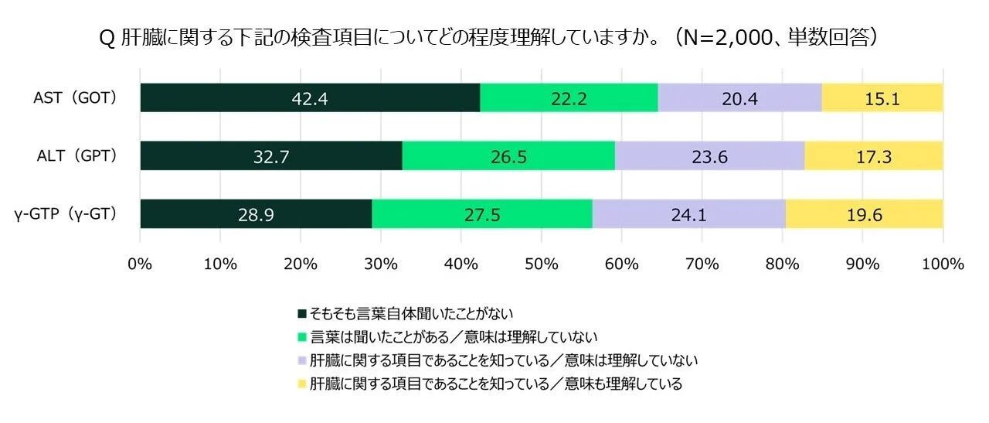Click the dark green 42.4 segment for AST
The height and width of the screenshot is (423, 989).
coord(310,98)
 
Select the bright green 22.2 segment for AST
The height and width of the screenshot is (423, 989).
coord(569,98)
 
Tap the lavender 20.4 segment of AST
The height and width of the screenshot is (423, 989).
coord(739,98)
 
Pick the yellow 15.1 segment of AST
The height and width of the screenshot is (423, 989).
coord(882,98)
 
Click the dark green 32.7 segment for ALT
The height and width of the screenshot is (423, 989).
coord(271,156)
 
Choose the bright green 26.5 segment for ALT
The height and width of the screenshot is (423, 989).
coord(508,156)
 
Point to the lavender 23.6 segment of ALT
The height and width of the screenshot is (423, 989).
coord(709,156)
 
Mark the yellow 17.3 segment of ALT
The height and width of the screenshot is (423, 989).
coord(873,156)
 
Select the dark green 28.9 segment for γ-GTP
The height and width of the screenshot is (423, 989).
coord(256,214)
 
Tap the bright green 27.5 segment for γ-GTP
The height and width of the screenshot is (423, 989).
coord(482,214)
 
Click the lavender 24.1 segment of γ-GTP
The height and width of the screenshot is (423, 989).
coord(688,214)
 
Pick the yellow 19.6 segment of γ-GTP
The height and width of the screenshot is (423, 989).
coord(864,214)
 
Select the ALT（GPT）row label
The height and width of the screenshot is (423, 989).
coord(75,156)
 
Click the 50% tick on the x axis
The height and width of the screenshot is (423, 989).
coord(541,264)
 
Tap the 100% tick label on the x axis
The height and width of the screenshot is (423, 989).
coord(942,264)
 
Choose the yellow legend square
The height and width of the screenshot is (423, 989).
coord(302,384)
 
